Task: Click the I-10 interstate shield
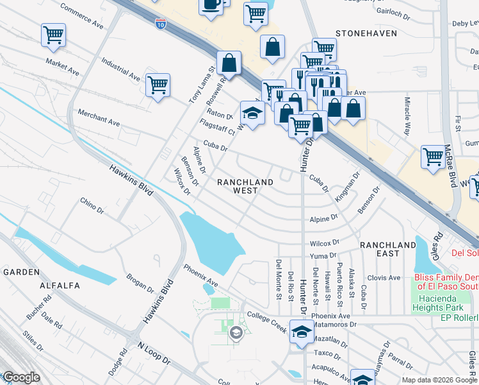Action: point(160,24)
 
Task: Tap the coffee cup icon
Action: point(211,5)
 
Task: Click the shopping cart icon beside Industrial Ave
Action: point(157,83)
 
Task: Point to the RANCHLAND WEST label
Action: point(245,186)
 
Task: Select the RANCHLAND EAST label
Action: point(388,249)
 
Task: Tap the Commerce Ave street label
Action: point(82,16)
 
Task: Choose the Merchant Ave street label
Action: point(99,116)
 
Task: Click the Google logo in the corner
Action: point(21,377)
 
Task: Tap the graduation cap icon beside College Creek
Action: point(299,331)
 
